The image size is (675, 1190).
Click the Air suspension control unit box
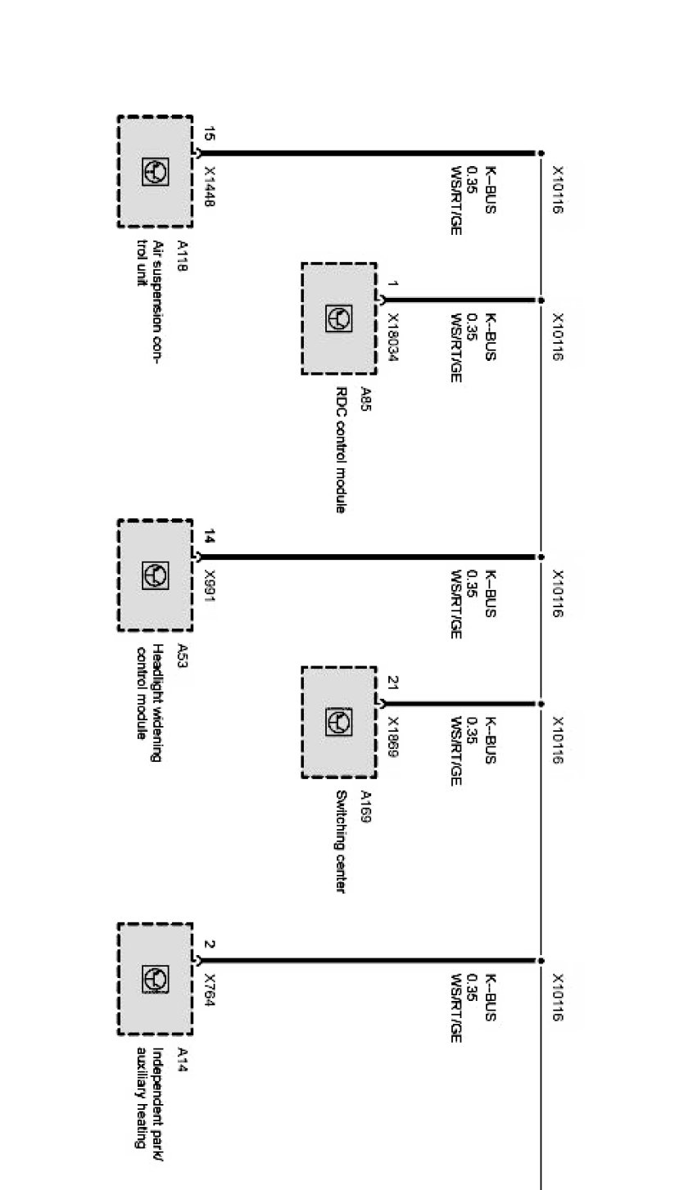(x=155, y=172)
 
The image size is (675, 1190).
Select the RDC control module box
(x=338, y=318)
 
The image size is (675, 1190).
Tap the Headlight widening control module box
(x=155, y=575)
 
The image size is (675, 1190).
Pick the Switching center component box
(x=338, y=722)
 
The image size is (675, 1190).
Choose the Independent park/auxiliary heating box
(x=155, y=979)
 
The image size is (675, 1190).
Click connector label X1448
(x=209, y=187)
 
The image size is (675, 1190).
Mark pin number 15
(x=209, y=133)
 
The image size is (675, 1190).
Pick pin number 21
(x=392, y=683)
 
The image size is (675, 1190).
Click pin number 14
(x=209, y=537)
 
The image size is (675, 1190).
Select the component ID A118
(x=182, y=255)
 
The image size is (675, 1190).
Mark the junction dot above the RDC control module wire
(x=541, y=300)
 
